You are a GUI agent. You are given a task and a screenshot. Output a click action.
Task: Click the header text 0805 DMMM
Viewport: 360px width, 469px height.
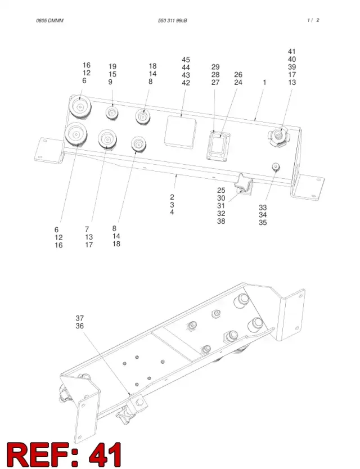[x=49, y=21]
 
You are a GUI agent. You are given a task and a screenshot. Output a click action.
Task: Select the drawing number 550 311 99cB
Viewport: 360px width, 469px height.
[x=172, y=21]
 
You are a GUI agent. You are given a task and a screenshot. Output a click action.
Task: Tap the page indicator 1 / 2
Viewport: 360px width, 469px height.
[x=313, y=20]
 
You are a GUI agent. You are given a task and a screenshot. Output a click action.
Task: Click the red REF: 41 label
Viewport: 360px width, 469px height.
[x=64, y=454]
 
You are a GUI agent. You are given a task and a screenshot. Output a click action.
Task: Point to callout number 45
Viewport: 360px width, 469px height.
[x=186, y=60]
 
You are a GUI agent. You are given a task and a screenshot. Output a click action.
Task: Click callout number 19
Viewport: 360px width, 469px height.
[x=112, y=66]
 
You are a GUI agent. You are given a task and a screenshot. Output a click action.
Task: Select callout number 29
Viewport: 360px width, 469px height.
[x=215, y=67]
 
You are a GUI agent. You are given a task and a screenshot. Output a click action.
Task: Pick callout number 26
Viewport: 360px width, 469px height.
[x=238, y=74]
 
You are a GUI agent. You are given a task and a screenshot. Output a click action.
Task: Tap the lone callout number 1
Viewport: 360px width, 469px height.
[x=264, y=82]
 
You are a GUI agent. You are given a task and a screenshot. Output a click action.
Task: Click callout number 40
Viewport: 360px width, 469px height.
[x=292, y=59]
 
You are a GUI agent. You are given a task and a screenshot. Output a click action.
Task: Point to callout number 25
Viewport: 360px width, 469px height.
[x=221, y=190]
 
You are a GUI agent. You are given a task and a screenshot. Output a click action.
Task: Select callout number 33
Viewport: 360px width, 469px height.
[x=263, y=208]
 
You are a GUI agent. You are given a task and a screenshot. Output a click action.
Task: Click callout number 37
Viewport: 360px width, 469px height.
[x=80, y=318]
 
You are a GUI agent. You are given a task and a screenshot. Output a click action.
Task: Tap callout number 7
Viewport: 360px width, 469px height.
[x=87, y=229]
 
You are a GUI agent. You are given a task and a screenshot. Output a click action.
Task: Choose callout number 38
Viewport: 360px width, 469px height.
[x=221, y=222]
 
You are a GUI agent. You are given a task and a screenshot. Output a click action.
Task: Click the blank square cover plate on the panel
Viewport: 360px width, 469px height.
[x=181, y=132]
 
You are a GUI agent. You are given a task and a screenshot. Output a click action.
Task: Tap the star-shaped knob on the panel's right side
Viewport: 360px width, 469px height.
[x=279, y=137]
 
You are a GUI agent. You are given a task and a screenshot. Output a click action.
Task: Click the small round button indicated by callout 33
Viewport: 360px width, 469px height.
[x=276, y=167]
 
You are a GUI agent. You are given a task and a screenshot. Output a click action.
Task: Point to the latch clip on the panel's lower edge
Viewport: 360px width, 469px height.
[x=244, y=186]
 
